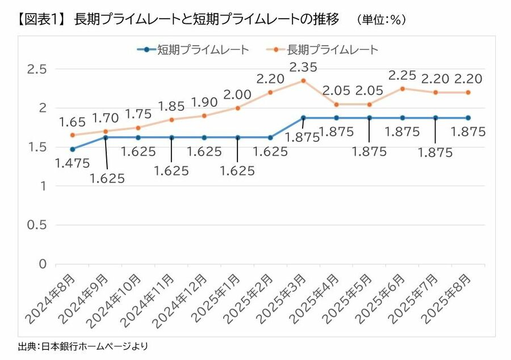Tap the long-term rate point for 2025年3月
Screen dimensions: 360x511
click(303, 81)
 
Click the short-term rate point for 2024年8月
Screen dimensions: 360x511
click(72, 149)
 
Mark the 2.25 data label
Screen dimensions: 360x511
click(403, 76)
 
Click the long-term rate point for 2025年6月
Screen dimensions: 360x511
click(403, 89)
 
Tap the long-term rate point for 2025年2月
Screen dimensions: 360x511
click(270, 92)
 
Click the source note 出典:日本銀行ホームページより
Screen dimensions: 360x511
click(83, 346)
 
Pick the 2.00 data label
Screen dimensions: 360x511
click(238, 95)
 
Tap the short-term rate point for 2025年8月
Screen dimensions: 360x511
click(468, 118)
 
